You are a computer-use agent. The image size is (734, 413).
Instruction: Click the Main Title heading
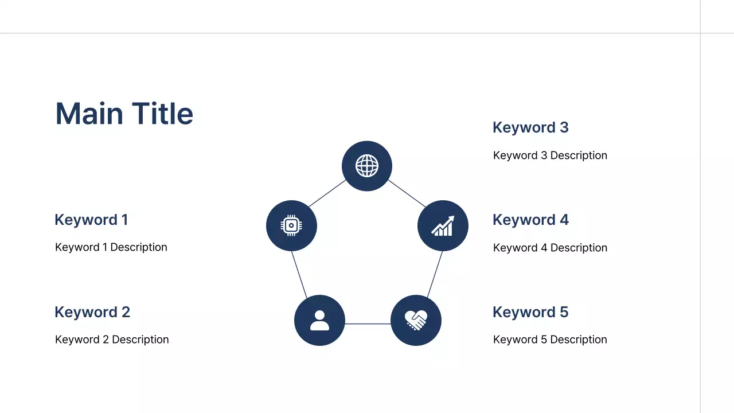pyautogui.click(x=124, y=114)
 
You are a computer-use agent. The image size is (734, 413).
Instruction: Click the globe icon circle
pyautogui.click(x=367, y=166)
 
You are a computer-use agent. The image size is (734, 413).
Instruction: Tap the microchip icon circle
pyautogui.click(x=291, y=225)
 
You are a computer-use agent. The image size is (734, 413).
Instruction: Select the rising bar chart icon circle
pyautogui.click(x=443, y=225)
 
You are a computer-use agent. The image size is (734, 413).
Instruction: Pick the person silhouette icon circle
pyautogui.click(x=319, y=320)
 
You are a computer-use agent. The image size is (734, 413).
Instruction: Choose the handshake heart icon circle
pyautogui.click(x=416, y=320)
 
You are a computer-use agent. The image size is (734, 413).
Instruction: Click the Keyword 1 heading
pyautogui.click(x=91, y=220)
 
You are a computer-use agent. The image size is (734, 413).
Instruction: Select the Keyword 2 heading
pyautogui.click(x=92, y=312)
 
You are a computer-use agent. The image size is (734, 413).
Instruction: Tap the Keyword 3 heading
pyautogui.click(x=530, y=127)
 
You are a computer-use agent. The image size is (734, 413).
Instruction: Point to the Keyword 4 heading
pyautogui.click(x=530, y=220)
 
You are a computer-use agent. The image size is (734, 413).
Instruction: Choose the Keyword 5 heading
pyautogui.click(x=530, y=312)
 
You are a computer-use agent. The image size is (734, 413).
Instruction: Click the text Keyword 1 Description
pyautogui.click(x=111, y=247)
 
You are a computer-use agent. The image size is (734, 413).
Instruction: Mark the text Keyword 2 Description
pyautogui.click(x=112, y=340)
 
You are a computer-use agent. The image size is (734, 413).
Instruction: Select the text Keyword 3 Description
pyautogui.click(x=550, y=155)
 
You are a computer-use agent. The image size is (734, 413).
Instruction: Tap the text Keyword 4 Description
pyautogui.click(x=550, y=248)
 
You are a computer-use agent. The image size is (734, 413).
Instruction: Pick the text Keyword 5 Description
pyautogui.click(x=550, y=340)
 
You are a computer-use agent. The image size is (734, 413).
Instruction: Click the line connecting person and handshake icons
pyautogui.click(x=368, y=324)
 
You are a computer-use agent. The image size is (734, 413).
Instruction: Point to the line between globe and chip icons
pyautogui.click(x=327, y=193)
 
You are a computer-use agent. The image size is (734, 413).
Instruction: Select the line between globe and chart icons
pyautogui.click(x=407, y=193)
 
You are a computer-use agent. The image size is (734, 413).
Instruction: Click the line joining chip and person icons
pyautogui.click(x=299, y=274)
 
